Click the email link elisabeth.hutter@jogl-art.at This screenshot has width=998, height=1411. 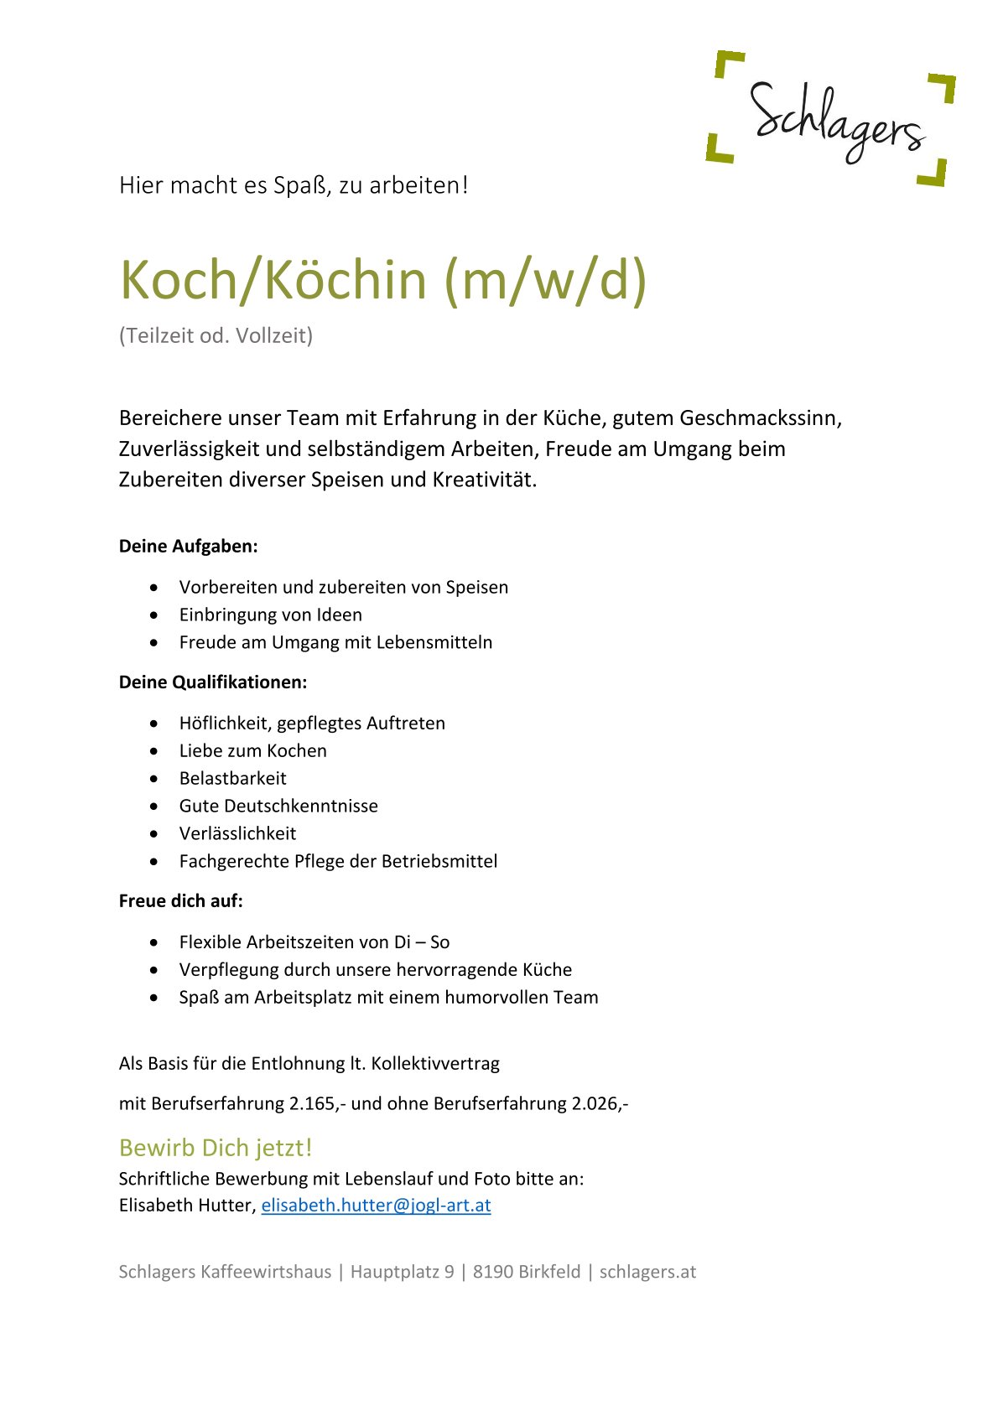pos(376,1205)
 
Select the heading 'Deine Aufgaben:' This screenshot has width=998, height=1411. pos(188,547)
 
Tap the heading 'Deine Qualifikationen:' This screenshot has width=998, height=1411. pos(213,682)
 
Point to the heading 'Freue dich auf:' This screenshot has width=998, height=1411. pos(180,901)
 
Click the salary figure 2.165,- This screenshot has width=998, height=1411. pos(317,1103)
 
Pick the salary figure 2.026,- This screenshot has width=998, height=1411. pos(600,1103)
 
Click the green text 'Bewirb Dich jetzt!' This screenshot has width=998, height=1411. pos(216,1148)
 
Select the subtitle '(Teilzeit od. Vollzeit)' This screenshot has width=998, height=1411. pos(216,335)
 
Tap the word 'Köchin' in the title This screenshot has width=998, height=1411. pos(346,280)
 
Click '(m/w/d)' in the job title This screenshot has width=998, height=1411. pos(545,280)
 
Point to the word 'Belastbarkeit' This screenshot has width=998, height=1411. pos(232,778)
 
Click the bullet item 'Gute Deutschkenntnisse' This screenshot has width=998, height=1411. pos(278,806)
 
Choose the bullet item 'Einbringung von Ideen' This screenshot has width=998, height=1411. pos(270,615)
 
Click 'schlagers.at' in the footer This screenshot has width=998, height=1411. pos(647,1272)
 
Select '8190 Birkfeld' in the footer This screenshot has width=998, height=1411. pos(527,1272)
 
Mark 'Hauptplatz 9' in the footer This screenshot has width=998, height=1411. pos(402,1272)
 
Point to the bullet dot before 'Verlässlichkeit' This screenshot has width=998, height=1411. pos(153,834)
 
